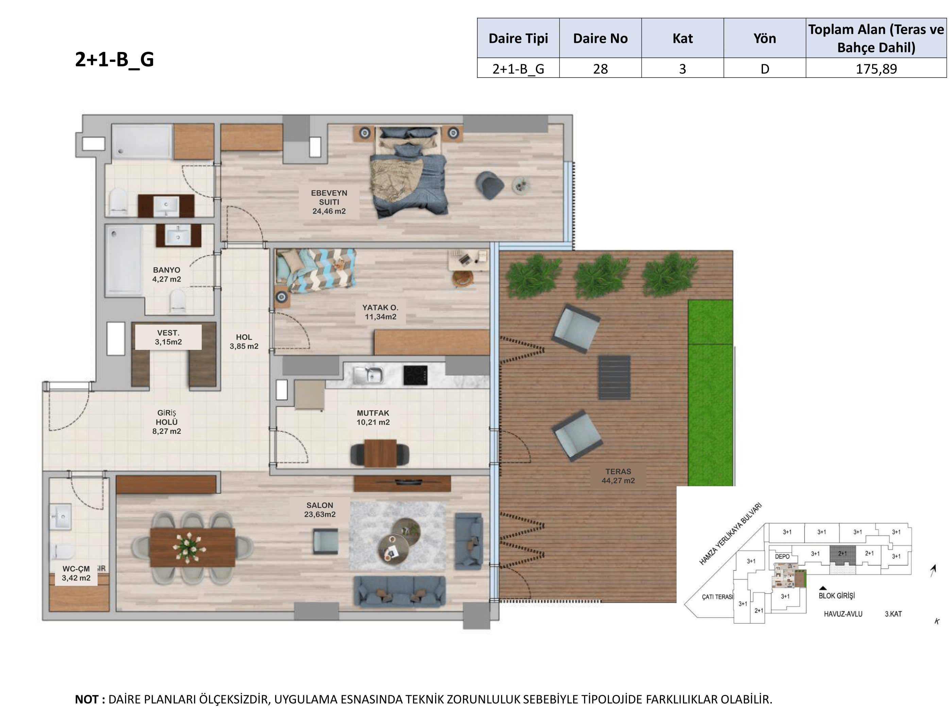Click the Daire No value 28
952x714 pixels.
click(600, 69)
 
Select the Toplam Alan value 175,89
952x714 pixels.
click(876, 69)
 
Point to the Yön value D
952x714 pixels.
click(764, 69)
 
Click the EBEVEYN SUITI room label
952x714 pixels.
click(329, 202)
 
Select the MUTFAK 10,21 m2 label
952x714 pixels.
click(373, 418)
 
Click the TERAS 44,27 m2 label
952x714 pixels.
click(618, 476)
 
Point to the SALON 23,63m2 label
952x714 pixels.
click(320, 510)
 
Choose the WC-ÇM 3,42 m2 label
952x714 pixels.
click(76, 573)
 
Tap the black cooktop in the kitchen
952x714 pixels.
click(415, 375)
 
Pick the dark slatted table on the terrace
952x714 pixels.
click(614, 377)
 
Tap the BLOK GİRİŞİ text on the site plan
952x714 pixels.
click(836, 596)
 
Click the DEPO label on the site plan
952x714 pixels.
click(782, 557)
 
